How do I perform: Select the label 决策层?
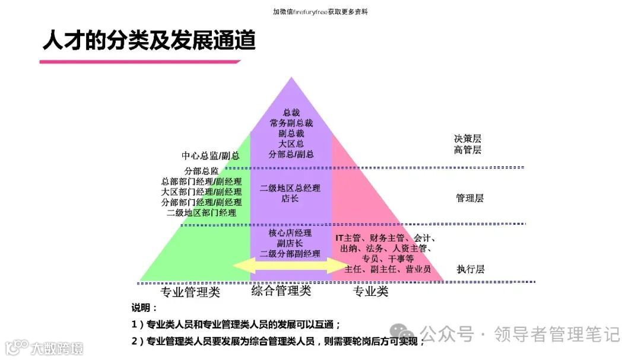tap(468, 138)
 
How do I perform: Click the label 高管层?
tap(468, 149)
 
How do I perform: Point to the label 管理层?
tap(469, 198)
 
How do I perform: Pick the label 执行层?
tap(471, 269)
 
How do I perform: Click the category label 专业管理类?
tap(190, 292)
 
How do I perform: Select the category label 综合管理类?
tap(281, 291)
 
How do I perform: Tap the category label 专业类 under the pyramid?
tap(371, 292)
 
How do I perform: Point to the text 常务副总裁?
tap(291, 123)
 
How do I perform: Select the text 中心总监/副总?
tap(210, 155)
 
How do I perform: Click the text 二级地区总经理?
tap(290, 188)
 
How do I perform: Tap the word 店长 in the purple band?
tap(290, 199)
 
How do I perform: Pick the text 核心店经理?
tap(290, 233)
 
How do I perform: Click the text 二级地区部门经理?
tap(201, 213)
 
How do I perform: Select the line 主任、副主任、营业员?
tap(388, 269)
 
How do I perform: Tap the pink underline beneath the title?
tap(140, 61)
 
